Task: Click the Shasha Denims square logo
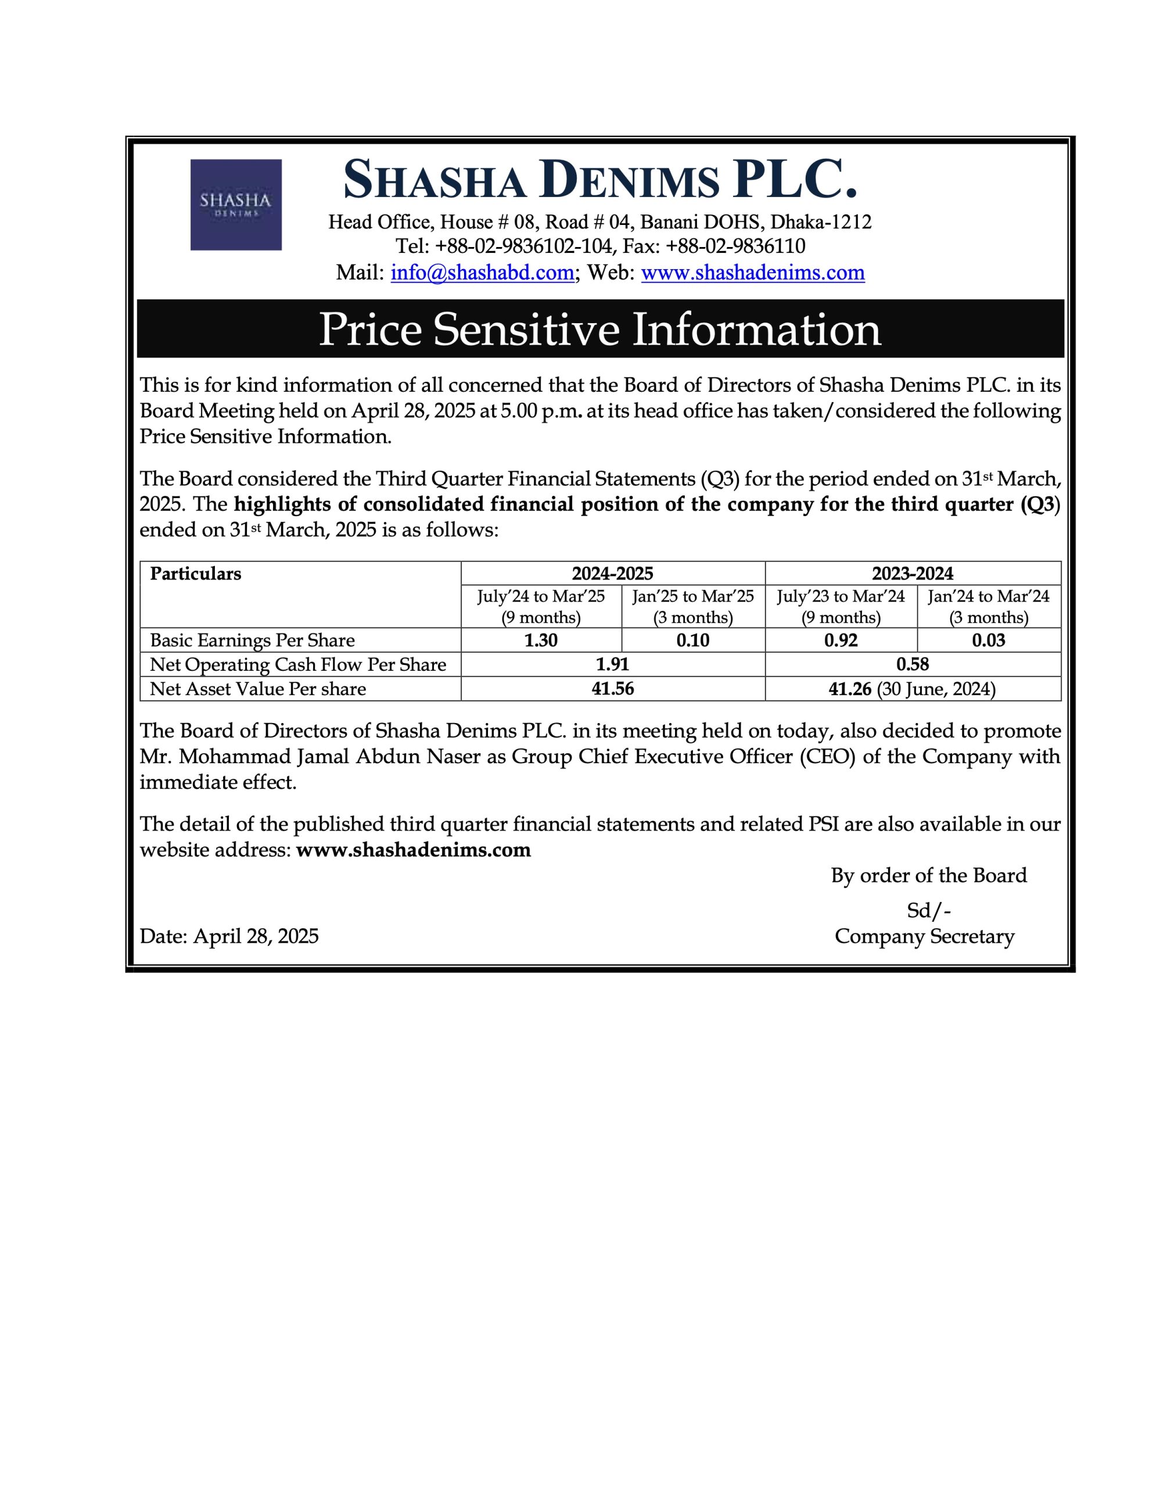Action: (x=236, y=205)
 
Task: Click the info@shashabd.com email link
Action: (x=482, y=273)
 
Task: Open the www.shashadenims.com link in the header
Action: (x=753, y=273)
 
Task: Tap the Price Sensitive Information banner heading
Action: (x=600, y=329)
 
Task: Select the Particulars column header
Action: (x=196, y=574)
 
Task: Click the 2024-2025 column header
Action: (x=612, y=574)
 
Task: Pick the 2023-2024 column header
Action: (x=913, y=574)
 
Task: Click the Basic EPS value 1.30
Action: (x=541, y=641)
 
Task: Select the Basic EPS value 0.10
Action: (x=692, y=641)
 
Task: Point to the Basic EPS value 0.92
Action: (x=841, y=641)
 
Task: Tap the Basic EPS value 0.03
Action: (x=988, y=641)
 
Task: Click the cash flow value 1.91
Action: (x=612, y=664)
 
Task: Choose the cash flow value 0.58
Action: (x=913, y=664)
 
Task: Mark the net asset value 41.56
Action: (x=612, y=689)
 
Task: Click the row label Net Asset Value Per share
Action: (x=257, y=689)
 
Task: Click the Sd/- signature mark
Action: (x=928, y=910)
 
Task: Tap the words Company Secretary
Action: (x=924, y=936)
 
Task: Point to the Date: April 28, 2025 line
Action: (x=229, y=936)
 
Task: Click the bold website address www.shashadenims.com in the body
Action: (x=414, y=850)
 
